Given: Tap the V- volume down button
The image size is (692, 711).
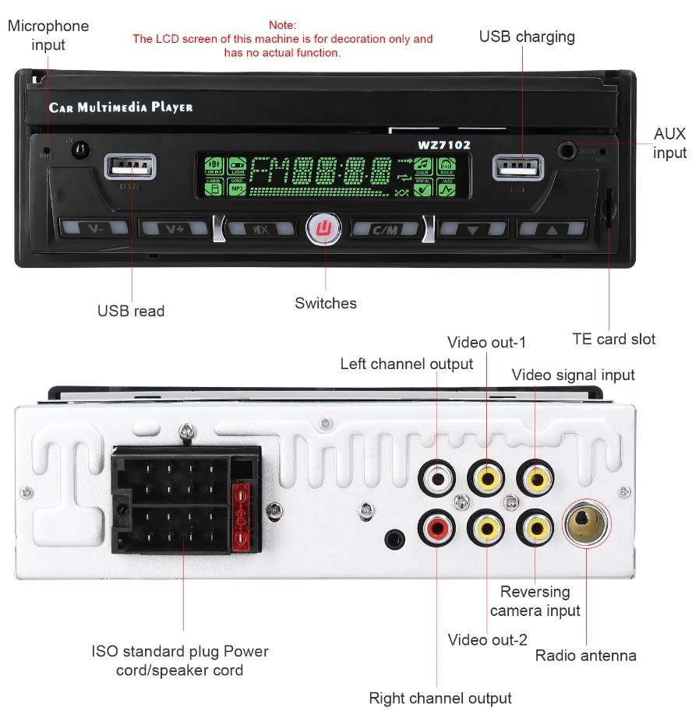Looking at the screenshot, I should [94, 229].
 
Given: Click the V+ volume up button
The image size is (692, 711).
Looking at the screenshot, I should [173, 229].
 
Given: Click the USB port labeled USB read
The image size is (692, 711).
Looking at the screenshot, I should [129, 167].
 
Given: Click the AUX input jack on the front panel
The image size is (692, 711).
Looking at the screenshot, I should [568, 149].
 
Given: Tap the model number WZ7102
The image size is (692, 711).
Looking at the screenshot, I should [443, 144].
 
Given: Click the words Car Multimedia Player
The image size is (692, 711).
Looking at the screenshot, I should [121, 107].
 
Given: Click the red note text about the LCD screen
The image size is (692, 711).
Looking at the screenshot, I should [282, 39].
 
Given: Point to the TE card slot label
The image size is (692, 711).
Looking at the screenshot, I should [613, 339].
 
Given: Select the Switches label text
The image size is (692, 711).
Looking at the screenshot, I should [326, 303].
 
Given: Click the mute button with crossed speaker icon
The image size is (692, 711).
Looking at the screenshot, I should [259, 229].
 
